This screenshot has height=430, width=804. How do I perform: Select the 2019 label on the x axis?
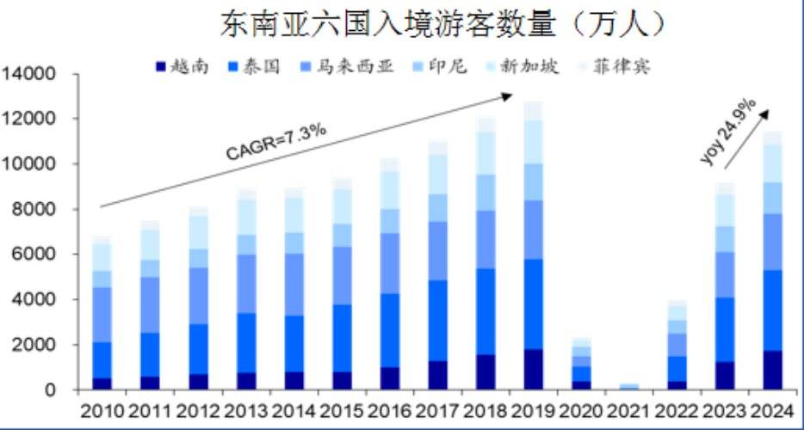tap(533, 408)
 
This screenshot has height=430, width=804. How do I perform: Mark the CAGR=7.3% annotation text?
tap(275, 141)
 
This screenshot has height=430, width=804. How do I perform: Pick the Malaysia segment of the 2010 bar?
tap(102, 315)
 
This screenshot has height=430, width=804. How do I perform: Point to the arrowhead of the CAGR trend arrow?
tap(510, 95)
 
